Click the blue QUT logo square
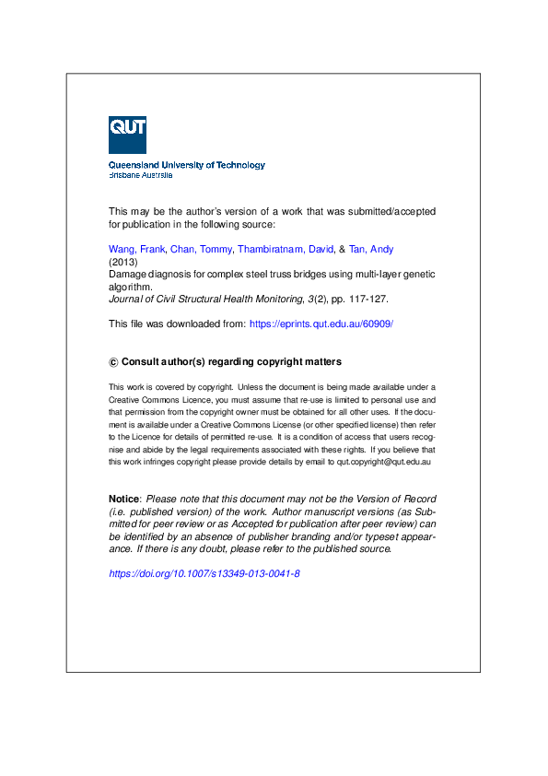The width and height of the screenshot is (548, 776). pyautogui.click(x=127, y=135)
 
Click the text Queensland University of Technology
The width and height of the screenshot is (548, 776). pyautogui.click(x=187, y=165)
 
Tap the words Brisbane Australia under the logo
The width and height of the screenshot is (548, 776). pyautogui.click(x=140, y=174)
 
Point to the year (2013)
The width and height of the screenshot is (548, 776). pyautogui.click(x=122, y=262)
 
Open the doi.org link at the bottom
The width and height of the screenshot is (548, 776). pyautogui.click(x=204, y=573)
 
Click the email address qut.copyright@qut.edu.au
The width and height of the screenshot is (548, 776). pyautogui.click(x=384, y=460)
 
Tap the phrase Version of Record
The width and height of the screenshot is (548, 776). pyautogui.click(x=384, y=499)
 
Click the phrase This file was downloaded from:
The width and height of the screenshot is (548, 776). pyautogui.click(x=177, y=323)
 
